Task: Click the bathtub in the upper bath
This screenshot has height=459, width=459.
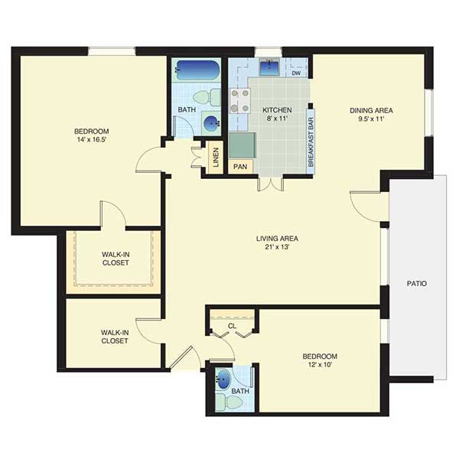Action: pyautogui.click(x=197, y=70)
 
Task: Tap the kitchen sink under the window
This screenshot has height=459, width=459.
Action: pyautogui.click(x=269, y=67)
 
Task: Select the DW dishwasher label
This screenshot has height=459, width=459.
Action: pyautogui.click(x=296, y=73)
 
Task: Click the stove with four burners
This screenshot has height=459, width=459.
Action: pyautogui.click(x=239, y=101)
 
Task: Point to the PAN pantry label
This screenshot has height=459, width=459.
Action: pyautogui.click(x=240, y=167)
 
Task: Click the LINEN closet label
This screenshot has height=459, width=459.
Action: pyautogui.click(x=216, y=158)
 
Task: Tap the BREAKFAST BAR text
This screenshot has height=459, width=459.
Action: pyautogui.click(x=311, y=142)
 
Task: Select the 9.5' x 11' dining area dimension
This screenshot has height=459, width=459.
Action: pyautogui.click(x=371, y=119)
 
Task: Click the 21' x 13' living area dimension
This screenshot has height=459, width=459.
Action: pyautogui.click(x=277, y=247)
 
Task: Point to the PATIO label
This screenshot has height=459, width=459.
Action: pyautogui.click(x=417, y=283)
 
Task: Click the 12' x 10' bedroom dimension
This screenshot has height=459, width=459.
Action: pyautogui.click(x=320, y=365)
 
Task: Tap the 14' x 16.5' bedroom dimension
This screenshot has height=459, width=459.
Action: pyautogui.click(x=91, y=140)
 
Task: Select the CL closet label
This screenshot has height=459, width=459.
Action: pyautogui.click(x=232, y=326)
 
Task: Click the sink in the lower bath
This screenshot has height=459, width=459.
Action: pyautogui.click(x=223, y=379)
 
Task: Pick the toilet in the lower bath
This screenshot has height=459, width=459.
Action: pyautogui.click(x=229, y=402)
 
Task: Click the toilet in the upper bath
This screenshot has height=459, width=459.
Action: pyautogui.click(x=207, y=97)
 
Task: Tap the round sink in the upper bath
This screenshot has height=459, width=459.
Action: pyautogui.click(x=211, y=124)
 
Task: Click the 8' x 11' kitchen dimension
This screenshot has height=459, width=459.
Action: pyautogui.click(x=277, y=119)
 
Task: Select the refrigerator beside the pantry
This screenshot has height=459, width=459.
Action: pyautogui.click(x=243, y=145)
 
